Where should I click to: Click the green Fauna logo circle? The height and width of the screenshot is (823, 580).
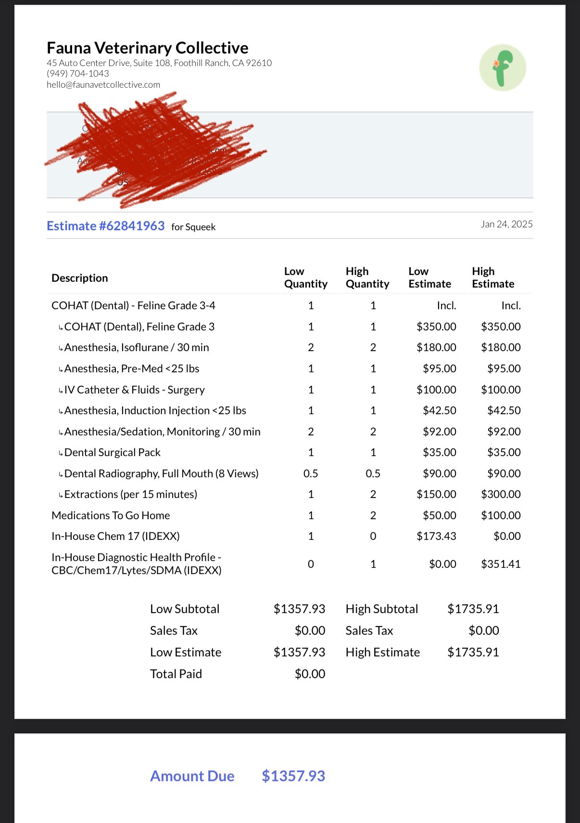(x=503, y=67)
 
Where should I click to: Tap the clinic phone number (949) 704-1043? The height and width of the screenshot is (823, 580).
(x=78, y=74)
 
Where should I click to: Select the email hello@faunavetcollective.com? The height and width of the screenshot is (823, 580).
(x=103, y=85)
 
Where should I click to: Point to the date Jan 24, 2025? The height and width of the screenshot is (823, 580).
(x=506, y=224)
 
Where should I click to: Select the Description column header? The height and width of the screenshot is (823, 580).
(x=80, y=278)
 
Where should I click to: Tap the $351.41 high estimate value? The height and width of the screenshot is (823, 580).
(x=501, y=564)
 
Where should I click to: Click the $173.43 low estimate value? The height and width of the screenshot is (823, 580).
(x=436, y=536)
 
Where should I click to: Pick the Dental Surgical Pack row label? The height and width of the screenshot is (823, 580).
(x=112, y=452)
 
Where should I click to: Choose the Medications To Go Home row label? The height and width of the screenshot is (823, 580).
(x=111, y=515)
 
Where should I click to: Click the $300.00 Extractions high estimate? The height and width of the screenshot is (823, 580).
(x=501, y=494)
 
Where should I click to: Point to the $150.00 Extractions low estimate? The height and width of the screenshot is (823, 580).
(x=436, y=494)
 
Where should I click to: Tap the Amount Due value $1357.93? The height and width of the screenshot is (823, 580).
(x=293, y=776)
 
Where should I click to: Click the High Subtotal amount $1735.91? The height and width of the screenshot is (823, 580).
(x=473, y=609)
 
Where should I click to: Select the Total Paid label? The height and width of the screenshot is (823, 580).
(x=176, y=674)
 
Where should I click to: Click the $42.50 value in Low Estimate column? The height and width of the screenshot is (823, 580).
(x=440, y=410)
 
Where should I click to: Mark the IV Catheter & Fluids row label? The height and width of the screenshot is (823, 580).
(x=134, y=390)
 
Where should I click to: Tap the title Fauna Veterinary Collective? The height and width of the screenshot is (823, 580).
(x=148, y=48)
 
